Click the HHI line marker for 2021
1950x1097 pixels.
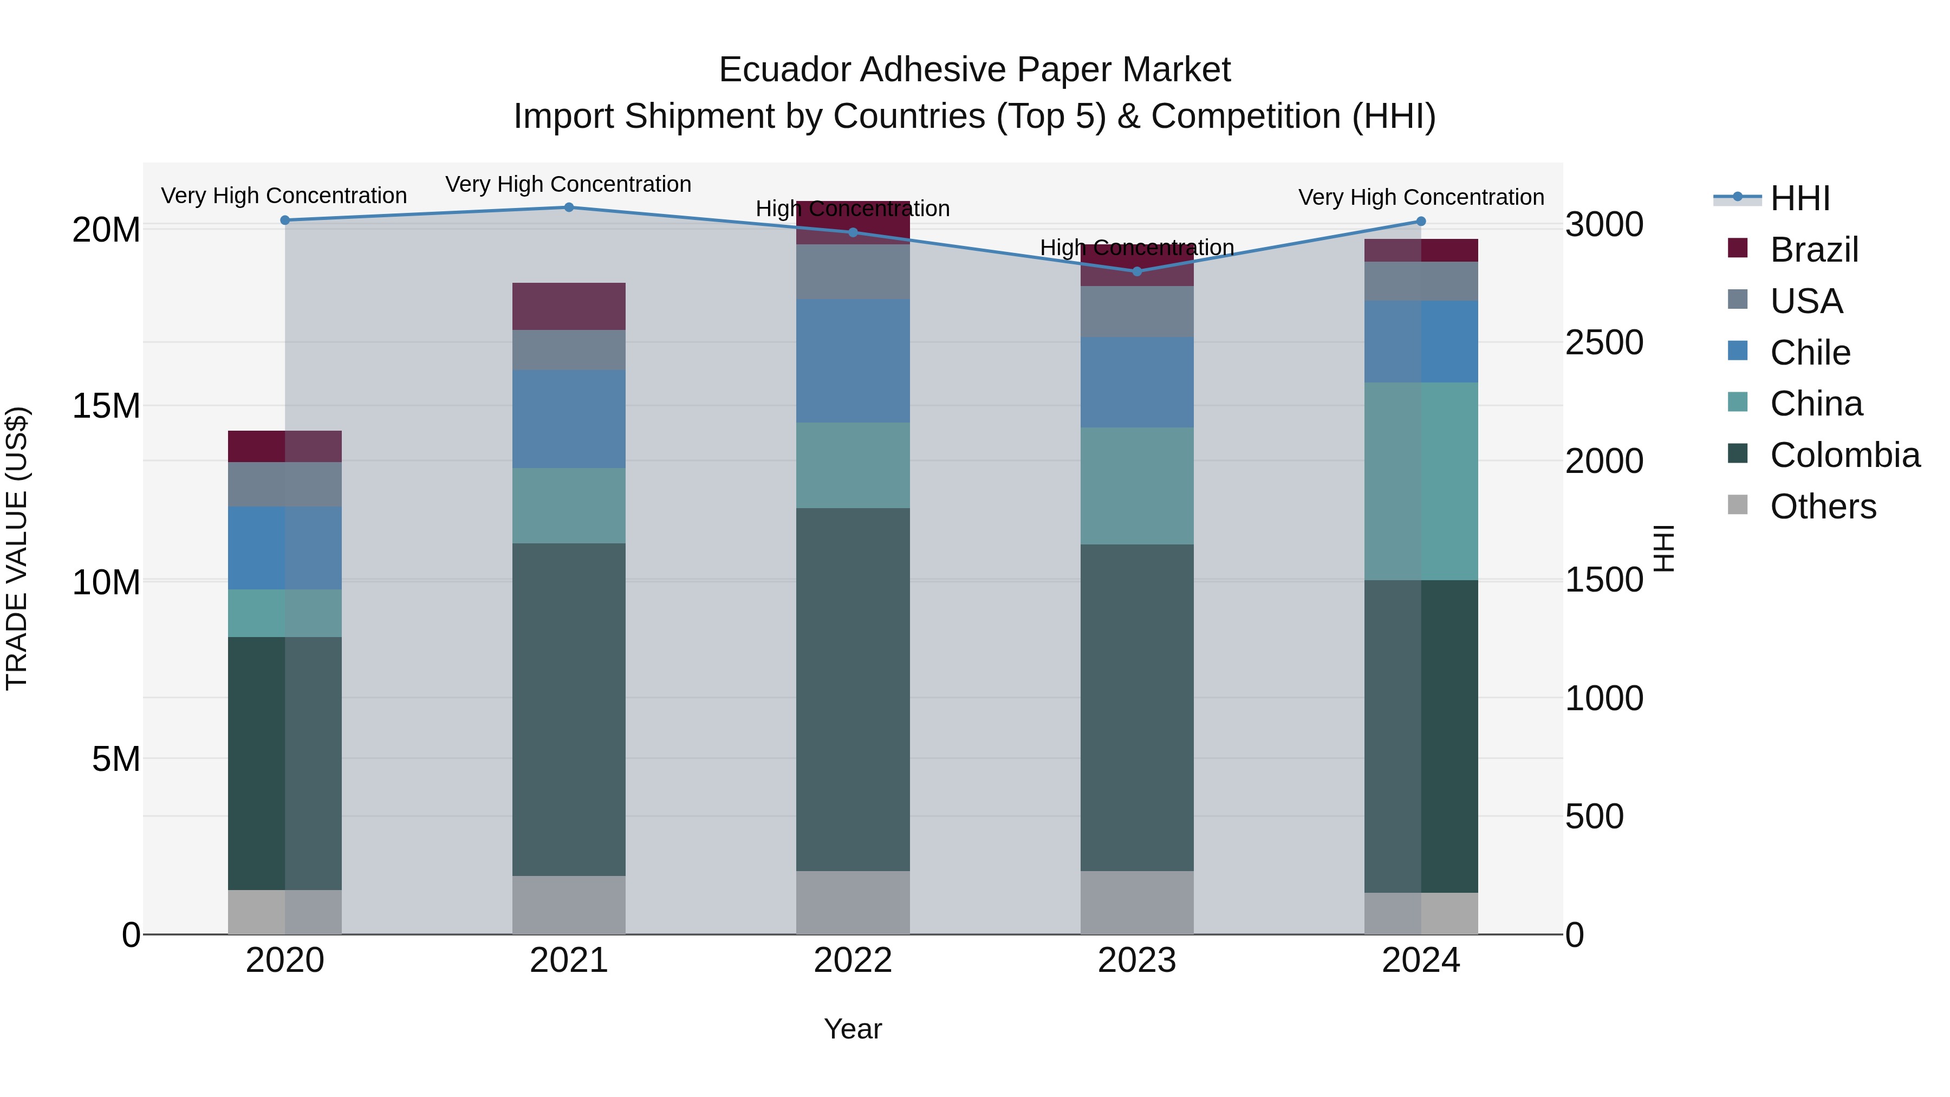(x=569, y=207)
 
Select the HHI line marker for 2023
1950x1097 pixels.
(x=1137, y=271)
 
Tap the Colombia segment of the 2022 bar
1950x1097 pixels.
(x=853, y=689)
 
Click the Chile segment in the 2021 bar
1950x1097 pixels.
(x=569, y=419)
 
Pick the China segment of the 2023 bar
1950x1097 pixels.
(x=1137, y=485)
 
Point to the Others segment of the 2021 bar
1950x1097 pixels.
(x=569, y=905)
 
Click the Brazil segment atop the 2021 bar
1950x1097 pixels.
(x=569, y=306)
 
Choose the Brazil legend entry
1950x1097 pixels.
(x=1813, y=250)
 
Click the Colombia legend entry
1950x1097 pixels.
(x=1844, y=455)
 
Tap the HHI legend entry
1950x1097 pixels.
(x=1800, y=198)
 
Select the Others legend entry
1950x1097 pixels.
(x=1823, y=507)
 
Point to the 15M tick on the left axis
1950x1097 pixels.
(x=106, y=406)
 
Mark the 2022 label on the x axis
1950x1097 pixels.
(x=853, y=960)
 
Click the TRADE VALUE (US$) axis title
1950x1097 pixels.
(x=17, y=548)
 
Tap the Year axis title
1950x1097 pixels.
(x=853, y=1029)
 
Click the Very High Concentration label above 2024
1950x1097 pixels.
(x=1421, y=197)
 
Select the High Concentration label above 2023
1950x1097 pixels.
(x=1137, y=248)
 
